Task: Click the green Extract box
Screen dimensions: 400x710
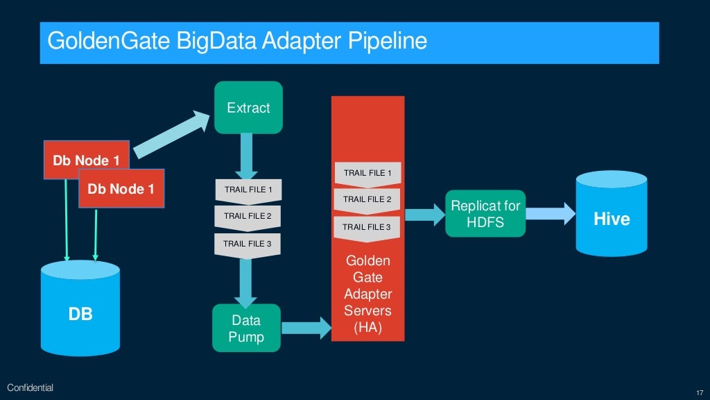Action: (248, 108)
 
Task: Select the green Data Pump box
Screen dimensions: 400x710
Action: (246, 328)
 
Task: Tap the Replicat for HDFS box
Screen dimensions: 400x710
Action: (485, 213)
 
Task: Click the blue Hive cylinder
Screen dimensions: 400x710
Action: (612, 215)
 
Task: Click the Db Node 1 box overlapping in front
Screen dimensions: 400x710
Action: (121, 188)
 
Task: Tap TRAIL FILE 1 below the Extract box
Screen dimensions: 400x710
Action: (248, 189)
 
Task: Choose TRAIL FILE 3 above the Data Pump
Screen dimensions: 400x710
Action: (248, 243)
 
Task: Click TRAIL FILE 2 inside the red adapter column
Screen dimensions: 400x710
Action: (367, 199)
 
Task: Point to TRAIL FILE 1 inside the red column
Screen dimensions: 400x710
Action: (367, 173)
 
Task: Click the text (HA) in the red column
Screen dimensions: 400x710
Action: (367, 326)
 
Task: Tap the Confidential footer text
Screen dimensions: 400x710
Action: (30, 387)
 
